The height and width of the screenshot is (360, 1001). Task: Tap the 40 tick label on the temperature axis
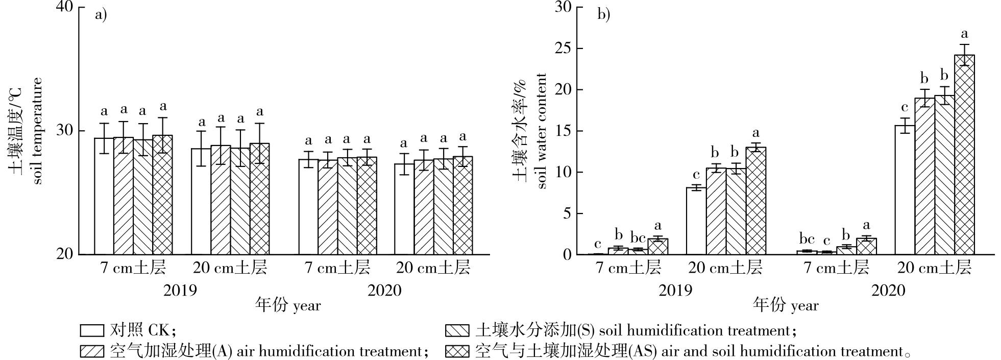tap(65, 7)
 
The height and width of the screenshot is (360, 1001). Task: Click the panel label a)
tap(101, 15)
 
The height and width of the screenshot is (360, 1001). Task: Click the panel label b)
tap(604, 15)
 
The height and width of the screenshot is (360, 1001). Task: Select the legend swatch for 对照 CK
tap(92, 330)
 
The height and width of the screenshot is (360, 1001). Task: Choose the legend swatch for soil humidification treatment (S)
tap(457, 330)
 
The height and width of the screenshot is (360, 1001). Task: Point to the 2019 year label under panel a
tap(180, 291)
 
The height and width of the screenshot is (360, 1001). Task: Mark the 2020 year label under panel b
tap(888, 291)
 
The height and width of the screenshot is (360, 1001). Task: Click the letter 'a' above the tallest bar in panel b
tap(964, 34)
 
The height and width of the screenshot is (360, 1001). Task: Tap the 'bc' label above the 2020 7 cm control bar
tap(807, 238)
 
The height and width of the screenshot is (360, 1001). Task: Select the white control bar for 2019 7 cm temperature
tap(104, 196)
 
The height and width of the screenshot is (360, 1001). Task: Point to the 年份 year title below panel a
tap(288, 306)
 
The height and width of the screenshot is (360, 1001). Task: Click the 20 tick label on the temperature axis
tap(65, 254)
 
